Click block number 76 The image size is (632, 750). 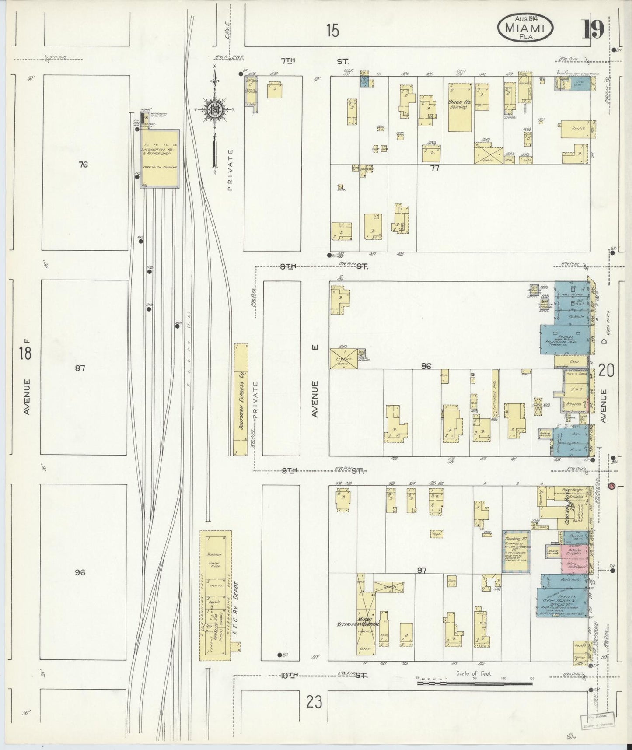84,165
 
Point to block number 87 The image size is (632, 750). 80,368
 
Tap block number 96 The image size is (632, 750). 80,572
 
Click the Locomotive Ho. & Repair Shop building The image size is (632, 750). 160,158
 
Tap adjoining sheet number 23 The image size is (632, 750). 314,702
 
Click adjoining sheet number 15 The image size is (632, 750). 332,31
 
